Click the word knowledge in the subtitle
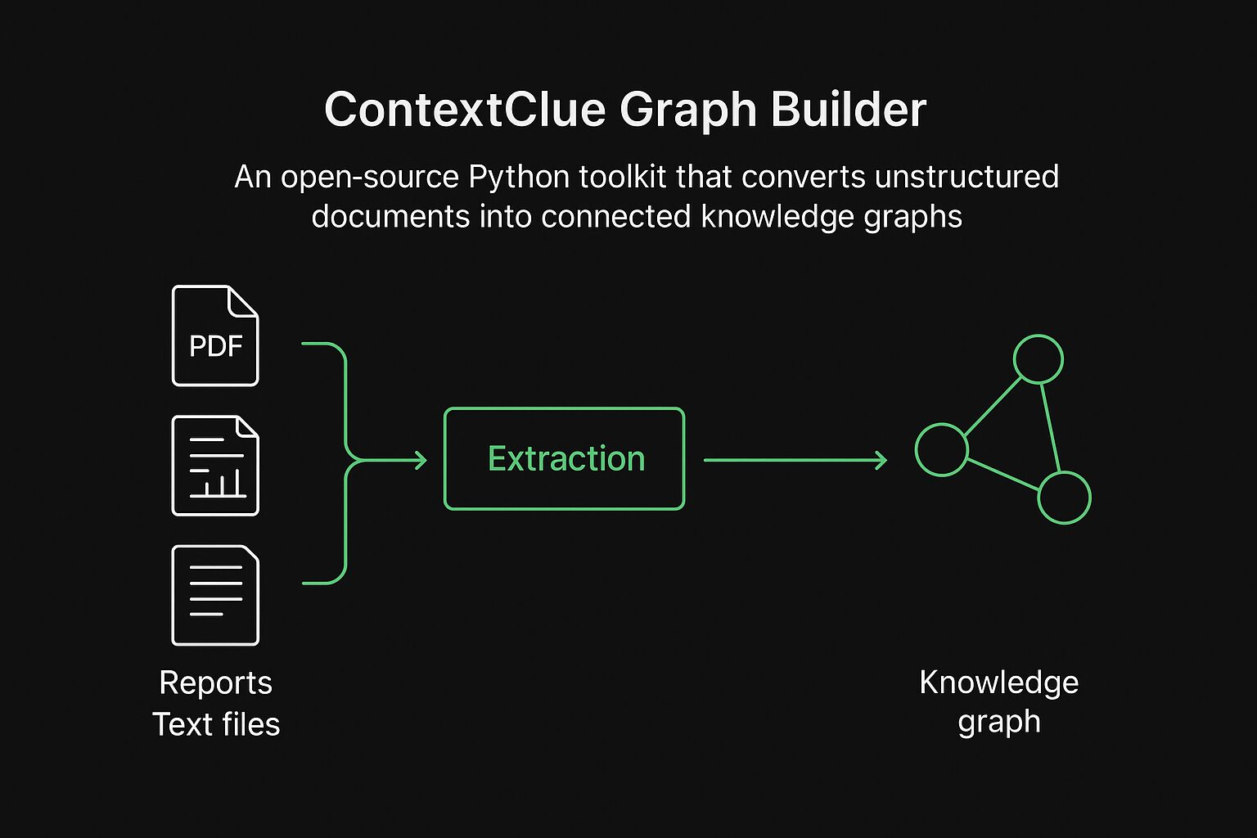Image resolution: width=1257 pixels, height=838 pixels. click(768, 217)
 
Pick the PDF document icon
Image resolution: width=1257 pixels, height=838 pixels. click(215, 336)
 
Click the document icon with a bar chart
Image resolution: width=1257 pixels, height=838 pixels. click(215, 466)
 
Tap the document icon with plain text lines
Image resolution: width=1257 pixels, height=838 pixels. click(215, 595)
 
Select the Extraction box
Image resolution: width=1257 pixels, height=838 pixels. click(564, 459)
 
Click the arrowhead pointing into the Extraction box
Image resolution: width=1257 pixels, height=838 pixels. click(421, 461)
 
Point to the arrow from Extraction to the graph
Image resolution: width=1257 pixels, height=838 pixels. click(794, 461)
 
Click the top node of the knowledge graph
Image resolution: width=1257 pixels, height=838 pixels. click(1038, 359)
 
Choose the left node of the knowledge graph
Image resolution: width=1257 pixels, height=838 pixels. click(941, 449)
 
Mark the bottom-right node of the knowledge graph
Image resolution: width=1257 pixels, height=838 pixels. click(1064, 498)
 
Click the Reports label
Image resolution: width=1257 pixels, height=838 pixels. click(215, 683)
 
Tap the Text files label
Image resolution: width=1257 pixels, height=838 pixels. click(215, 724)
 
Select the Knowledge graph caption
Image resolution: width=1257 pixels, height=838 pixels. click(998, 701)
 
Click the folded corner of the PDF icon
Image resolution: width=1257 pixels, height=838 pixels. click(244, 301)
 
